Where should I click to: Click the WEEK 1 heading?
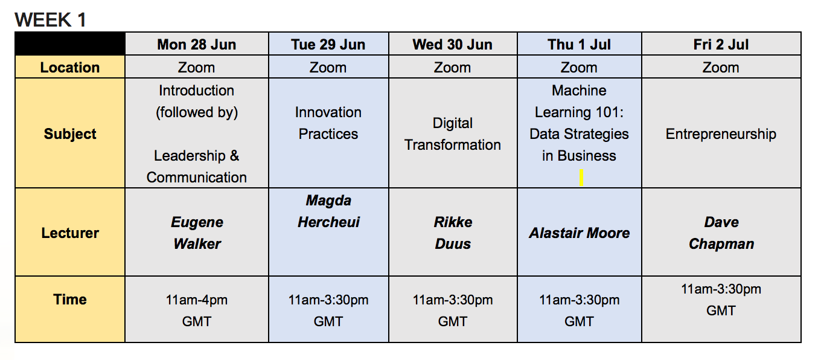[x=50, y=20]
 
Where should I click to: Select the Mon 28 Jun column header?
[x=196, y=44]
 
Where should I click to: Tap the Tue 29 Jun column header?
[x=328, y=44]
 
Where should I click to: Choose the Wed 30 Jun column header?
[x=452, y=44]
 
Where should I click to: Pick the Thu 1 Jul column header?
[x=579, y=44]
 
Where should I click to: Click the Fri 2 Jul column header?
[x=721, y=44]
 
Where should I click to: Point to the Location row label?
[x=69, y=68]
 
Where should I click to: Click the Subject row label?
[x=70, y=134]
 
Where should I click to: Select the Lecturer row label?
[x=70, y=233]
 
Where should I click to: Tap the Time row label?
[x=70, y=299]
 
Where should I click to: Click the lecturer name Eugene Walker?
[x=197, y=233]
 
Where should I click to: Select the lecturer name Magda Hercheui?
[x=328, y=211]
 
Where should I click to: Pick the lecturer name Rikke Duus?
[x=453, y=233]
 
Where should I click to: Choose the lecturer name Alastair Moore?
[x=579, y=233]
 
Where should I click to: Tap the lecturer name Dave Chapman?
[x=721, y=233]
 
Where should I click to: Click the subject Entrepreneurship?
[x=721, y=134]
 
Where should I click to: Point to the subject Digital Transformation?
[x=452, y=134]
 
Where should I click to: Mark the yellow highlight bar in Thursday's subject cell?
[x=581, y=178]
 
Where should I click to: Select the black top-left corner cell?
[x=70, y=43]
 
